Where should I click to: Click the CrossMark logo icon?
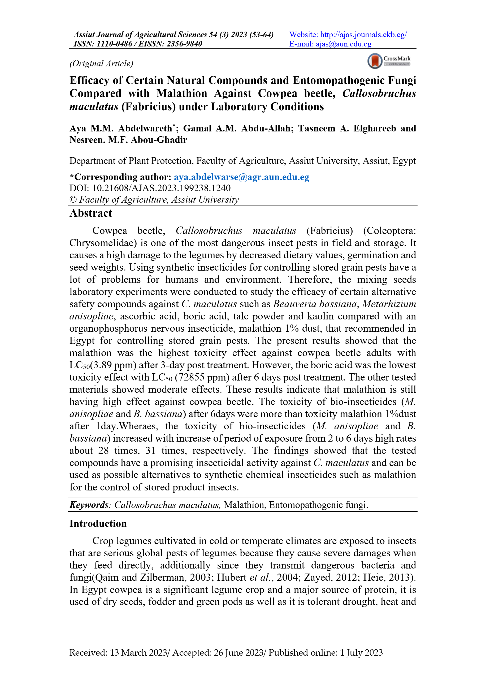[x=375, y=61]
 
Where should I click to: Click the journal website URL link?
[x=363, y=35]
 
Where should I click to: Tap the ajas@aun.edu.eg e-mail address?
[x=344, y=44]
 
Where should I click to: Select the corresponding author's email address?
[x=241, y=177]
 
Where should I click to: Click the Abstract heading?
[x=91, y=213]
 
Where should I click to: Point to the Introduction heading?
[x=98, y=523]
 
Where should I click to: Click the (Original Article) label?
[x=101, y=63]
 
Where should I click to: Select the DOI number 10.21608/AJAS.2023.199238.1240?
[x=161, y=188]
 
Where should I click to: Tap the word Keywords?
[x=89, y=505]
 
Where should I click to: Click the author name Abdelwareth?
[x=145, y=129]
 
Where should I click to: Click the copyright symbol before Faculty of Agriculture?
[x=73, y=200]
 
